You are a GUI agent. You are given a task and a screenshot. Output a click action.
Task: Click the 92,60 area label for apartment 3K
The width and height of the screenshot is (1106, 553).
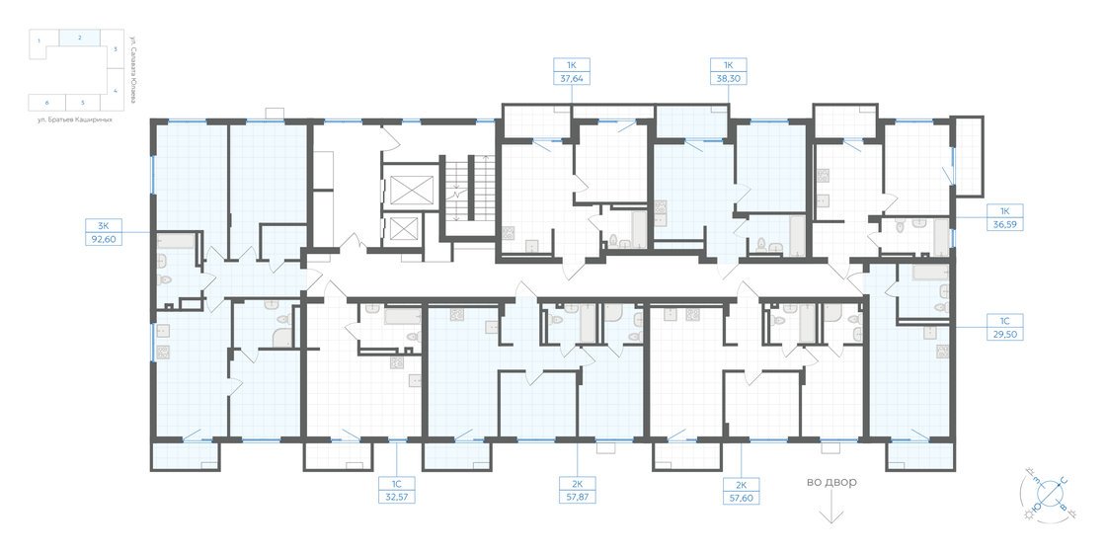[103, 238]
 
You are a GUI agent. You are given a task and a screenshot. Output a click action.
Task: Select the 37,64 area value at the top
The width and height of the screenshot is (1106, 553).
[570, 82]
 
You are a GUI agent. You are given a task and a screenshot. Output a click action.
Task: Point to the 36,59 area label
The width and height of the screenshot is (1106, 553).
[1005, 224]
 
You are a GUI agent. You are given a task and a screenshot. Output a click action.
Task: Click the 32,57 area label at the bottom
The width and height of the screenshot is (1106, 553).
[395, 498]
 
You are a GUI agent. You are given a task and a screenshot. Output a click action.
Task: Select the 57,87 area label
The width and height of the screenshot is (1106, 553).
[577, 498]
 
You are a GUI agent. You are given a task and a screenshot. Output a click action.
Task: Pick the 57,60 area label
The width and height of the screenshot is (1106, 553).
[741, 498]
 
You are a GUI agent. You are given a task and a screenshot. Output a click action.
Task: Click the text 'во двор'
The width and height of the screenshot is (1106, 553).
[831, 482]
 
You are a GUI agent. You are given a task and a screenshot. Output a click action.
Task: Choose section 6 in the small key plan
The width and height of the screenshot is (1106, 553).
[46, 102]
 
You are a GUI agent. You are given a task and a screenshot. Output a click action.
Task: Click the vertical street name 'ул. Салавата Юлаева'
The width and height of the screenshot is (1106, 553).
[131, 69]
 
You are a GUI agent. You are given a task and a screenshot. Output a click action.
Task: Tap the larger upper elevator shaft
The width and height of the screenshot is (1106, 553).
[410, 191]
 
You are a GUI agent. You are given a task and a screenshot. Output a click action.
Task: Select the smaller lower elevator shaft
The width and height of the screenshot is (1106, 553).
[406, 230]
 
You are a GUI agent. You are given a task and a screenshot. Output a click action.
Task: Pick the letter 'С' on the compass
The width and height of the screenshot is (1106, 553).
[1064, 481]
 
